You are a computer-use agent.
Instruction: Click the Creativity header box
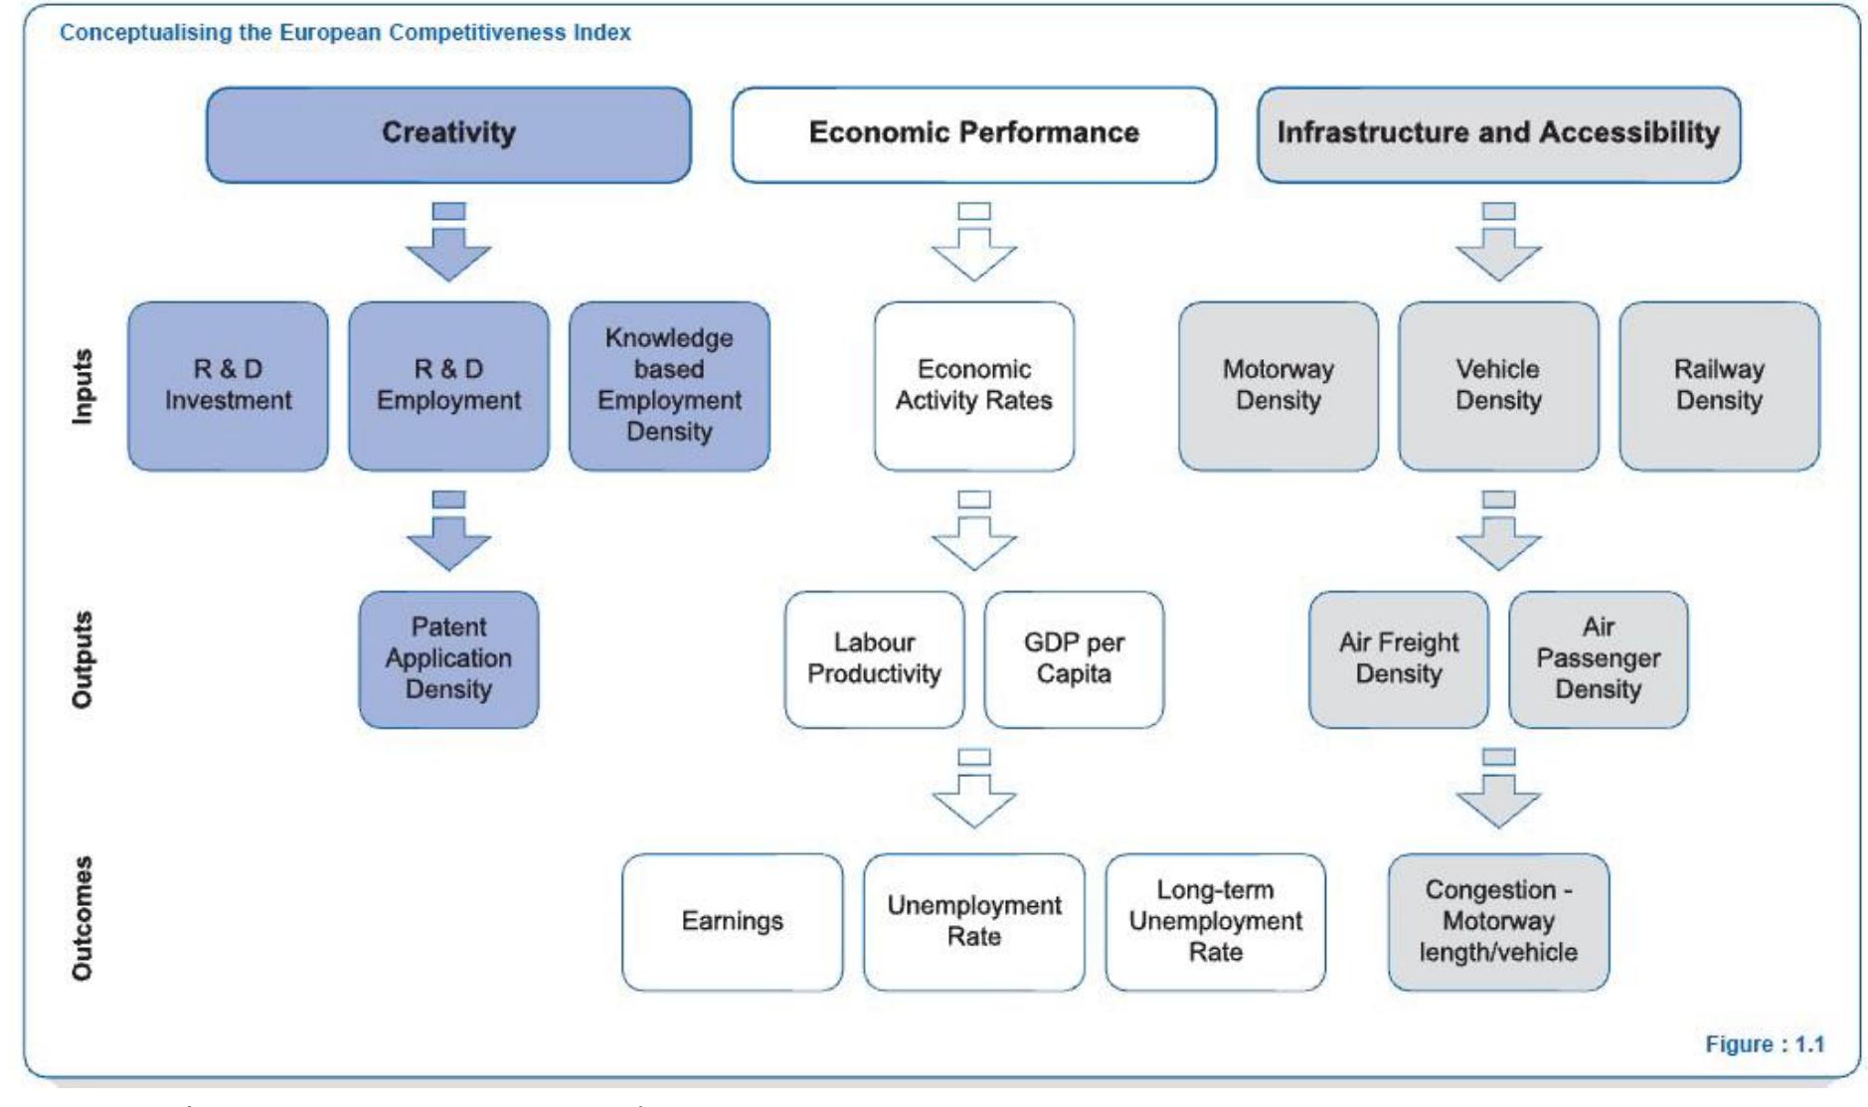pos(448,134)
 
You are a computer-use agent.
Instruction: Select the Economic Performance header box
pos(973,134)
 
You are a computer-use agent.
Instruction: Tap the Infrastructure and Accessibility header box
pos(1498,134)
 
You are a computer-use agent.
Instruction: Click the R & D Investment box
pos(228,386)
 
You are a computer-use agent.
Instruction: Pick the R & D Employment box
pos(448,386)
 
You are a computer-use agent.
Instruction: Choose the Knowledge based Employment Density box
pos(669,386)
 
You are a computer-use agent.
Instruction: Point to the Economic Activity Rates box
pos(973,386)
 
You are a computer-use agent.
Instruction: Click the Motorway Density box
pos(1277,386)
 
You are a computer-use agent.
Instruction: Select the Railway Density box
pos(1719,386)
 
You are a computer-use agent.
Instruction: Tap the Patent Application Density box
pos(448,658)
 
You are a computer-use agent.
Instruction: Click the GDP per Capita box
pos(1074,658)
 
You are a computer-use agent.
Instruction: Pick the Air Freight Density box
pos(1398,658)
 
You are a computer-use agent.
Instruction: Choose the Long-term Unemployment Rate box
pos(1215,921)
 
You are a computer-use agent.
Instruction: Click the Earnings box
pos(732,921)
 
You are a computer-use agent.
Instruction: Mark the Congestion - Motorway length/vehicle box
pos(1498,921)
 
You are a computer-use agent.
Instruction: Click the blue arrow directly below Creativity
pos(448,245)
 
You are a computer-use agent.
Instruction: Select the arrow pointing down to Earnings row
pos(973,791)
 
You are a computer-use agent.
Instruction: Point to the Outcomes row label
pos(83,918)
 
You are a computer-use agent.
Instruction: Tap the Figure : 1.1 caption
pos(1765,1044)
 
